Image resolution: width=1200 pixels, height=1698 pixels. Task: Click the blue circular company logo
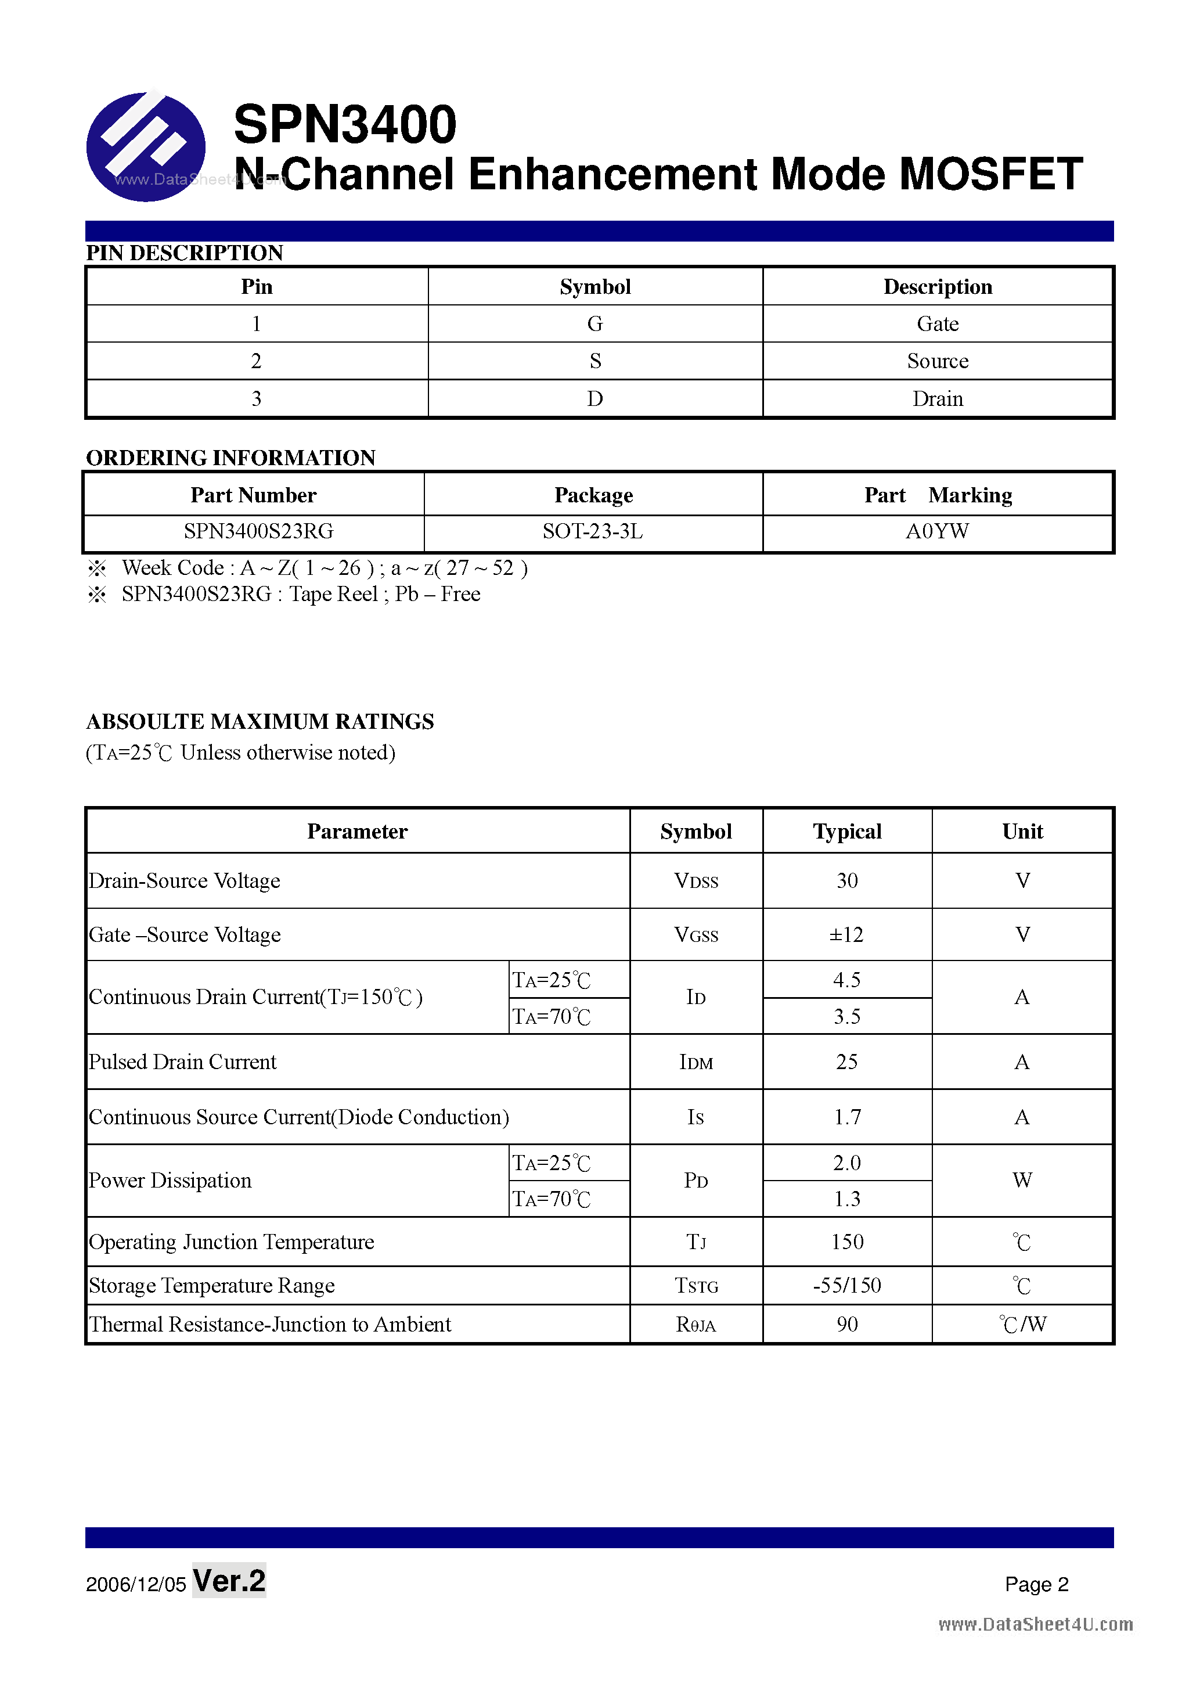pyautogui.click(x=146, y=146)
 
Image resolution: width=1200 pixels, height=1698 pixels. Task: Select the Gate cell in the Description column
pyautogui.click(x=937, y=324)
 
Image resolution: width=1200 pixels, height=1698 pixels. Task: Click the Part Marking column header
pyautogui.click(x=938, y=495)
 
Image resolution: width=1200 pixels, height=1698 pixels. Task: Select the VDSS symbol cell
pyautogui.click(x=696, y=881)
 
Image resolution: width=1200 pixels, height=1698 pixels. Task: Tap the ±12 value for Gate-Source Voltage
pyautogui.click(x=846, y=935)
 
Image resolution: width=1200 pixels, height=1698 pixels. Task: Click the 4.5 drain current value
pyautogui.click(x=846, y=980)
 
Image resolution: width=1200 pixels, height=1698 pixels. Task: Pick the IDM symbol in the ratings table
pyautogui.click(x=696, y=1063)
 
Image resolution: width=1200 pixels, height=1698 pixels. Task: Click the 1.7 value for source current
pyautogui.click(x=846, y=1117)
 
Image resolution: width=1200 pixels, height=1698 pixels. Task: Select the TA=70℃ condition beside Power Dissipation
pyautogui.click(x=552, y=1199)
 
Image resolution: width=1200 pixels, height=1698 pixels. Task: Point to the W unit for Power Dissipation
pyautogui.click(x=1022, y=1181)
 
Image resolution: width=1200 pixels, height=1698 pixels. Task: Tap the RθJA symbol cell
pyautogui.click(x=696, y=1325)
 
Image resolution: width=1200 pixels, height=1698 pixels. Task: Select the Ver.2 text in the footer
pyautogui.click(x=229, y=1581)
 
